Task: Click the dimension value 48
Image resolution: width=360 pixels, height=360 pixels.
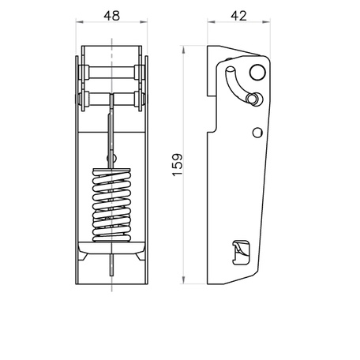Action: point(112,16)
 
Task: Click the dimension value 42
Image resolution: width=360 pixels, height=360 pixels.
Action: point(239,16)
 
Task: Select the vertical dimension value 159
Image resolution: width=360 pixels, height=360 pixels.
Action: point(178,164)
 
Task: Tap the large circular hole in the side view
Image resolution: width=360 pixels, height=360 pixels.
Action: point(257,72)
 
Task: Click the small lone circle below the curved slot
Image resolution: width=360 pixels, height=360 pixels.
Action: point(257,133)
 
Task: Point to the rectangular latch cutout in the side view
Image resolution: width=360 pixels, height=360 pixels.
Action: point(241,253)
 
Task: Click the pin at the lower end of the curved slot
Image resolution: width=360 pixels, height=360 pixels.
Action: point(253,99)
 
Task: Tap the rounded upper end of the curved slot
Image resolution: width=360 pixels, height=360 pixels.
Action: point(230,69)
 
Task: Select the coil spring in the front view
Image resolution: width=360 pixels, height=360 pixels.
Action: point(111,205)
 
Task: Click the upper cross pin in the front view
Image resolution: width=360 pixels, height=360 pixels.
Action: point(111,73)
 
